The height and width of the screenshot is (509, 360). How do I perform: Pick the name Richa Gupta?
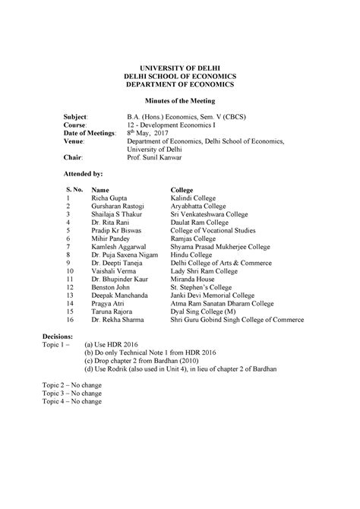[x=112, y=197]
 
